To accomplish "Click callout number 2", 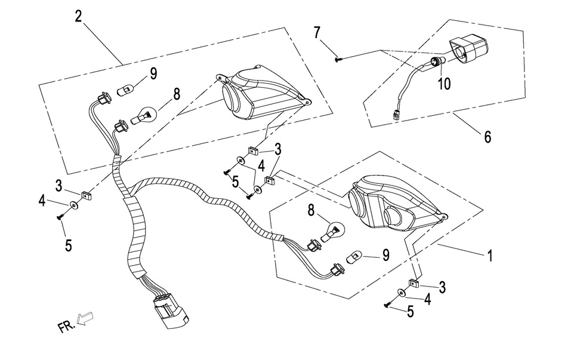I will coord(78,16).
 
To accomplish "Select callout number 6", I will coord(487,137).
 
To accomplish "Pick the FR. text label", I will coord(66,327).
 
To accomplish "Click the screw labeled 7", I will coord(338,59).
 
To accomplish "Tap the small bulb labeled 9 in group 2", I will coord(125,90).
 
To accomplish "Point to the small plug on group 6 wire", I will coord(396,116).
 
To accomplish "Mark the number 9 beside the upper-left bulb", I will coord(153,74).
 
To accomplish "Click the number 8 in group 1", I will coord(310,210).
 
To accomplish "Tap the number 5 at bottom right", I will coord(410,310).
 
